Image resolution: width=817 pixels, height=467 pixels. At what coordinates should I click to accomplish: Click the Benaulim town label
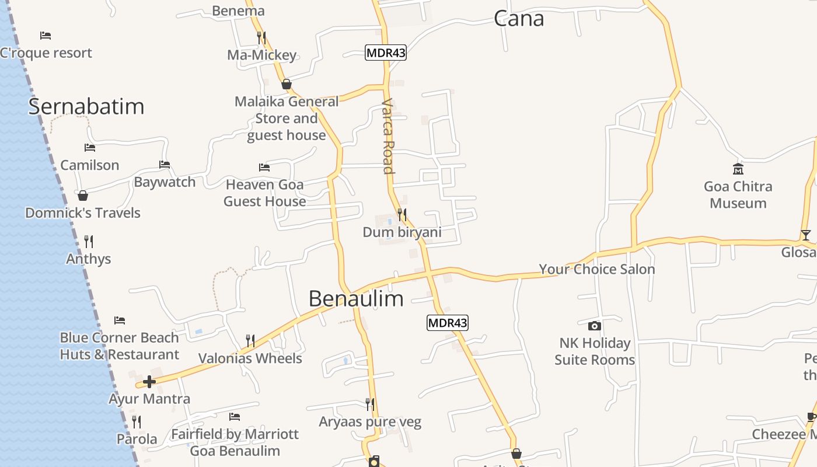pos(356,299)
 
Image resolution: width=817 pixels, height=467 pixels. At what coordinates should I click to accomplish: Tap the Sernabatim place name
pos(86,107)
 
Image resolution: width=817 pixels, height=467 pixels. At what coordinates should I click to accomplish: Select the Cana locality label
pos(519,19)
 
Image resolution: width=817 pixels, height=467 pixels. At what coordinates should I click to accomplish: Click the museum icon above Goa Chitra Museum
pos(738,169)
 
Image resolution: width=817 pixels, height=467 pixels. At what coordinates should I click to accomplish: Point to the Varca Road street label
pos(388,136)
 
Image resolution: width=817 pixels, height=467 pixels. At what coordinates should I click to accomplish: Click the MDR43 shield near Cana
pos(385,53)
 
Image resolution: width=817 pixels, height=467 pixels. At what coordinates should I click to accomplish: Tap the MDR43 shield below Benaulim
pos(448,323)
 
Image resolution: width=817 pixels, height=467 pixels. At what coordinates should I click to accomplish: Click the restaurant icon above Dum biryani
pos(402,215)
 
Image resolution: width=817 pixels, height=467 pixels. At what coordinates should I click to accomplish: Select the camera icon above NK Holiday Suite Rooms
pos(595,326)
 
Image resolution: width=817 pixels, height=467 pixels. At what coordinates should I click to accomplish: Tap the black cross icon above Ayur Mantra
pos(149,382)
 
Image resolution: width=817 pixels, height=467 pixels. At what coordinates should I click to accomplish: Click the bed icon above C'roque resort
pos(46,36)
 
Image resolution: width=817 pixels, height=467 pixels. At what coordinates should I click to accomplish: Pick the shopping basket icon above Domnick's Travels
pos(83,196)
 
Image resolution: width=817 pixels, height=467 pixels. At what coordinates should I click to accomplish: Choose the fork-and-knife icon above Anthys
pos(89,241)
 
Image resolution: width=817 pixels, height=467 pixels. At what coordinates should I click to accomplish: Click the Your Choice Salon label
pos(596,269)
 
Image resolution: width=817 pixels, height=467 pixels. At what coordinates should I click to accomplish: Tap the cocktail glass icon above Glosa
pos(806,235)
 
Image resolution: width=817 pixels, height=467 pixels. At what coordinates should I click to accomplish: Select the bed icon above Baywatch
pos(165,165)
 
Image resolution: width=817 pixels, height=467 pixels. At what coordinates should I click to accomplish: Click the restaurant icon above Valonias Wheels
pos(250,340)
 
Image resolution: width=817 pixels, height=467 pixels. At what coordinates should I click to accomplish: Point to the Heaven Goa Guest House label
pos(265,193)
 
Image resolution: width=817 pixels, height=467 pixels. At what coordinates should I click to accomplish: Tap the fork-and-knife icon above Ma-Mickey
pos(261,37)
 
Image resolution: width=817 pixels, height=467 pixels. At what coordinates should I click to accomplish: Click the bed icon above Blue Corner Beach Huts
pos(120,320)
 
